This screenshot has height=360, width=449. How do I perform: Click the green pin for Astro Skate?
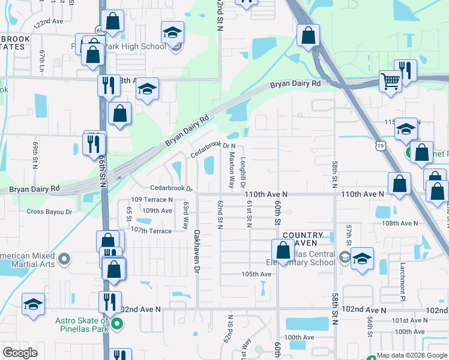click(117, 325)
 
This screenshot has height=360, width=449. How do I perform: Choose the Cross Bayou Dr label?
click(49, 211)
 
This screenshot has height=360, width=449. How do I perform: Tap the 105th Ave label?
click(256, 274)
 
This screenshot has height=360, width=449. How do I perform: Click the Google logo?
click(20, 352)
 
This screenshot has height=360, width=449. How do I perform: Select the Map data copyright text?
click(411, 355)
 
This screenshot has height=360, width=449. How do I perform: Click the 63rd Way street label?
click(185, 215)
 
